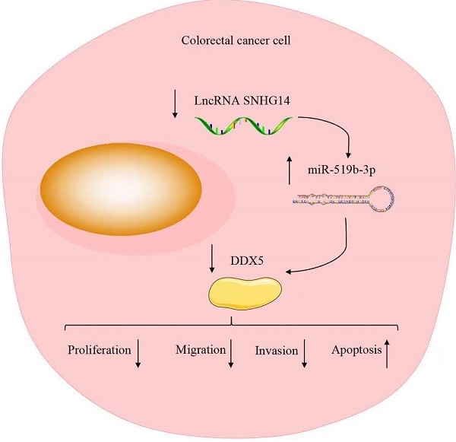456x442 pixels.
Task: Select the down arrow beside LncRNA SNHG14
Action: pos(176,103)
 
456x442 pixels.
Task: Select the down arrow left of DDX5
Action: pos(211,262)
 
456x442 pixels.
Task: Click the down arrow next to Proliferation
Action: pos(139,355)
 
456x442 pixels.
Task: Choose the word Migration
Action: pos(201,351)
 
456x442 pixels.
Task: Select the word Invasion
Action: pos(275,352)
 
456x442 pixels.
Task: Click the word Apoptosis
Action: pos(356,351)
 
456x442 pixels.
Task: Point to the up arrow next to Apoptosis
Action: pos(387,355)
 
